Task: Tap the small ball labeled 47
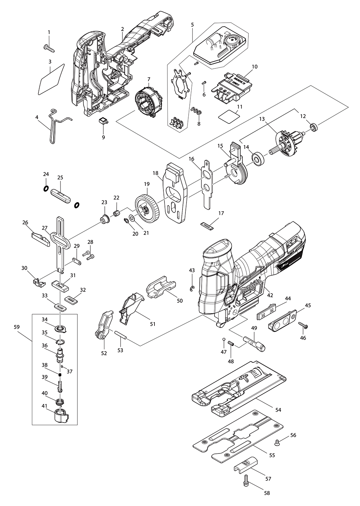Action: coord(224,339)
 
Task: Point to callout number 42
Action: coord(270,295)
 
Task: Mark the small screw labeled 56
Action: coord(278,441)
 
